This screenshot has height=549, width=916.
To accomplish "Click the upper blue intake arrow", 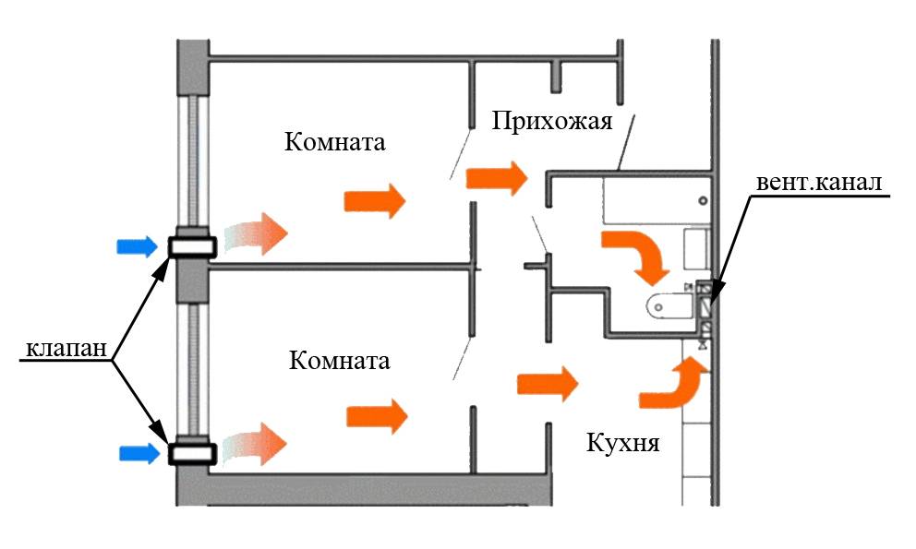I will point(135,246).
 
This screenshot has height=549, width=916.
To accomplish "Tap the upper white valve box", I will point(192,246).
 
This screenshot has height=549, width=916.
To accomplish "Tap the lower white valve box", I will point(192,453).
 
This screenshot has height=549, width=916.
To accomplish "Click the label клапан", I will point(62,349).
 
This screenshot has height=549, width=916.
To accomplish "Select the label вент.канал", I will point(820,181).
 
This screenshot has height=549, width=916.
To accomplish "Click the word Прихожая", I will point(552,121).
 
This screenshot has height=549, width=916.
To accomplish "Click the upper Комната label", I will point(334,143).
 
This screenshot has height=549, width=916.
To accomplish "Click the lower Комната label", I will point(339,360).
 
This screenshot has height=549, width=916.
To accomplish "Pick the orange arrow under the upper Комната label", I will point(375,200).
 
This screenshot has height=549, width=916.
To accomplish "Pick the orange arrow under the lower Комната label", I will point(377,416).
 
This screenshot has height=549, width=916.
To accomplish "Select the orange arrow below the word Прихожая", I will point(497,176).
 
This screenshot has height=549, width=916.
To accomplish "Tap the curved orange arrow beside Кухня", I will point(673,384).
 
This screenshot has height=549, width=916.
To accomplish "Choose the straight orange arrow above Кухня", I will point(547,383).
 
